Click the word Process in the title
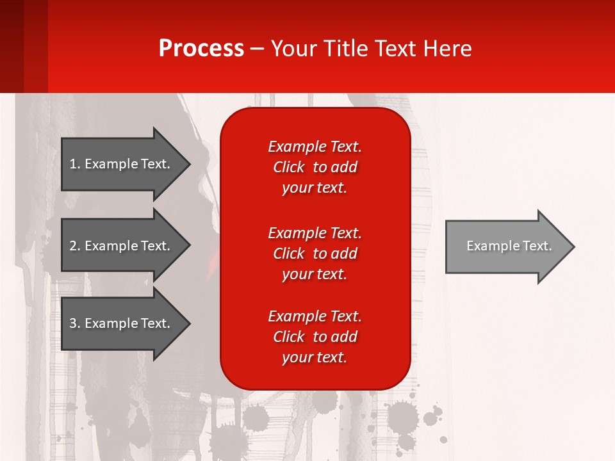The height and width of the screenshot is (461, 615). (201, 49)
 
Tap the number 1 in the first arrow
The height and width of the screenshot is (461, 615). (73, 164)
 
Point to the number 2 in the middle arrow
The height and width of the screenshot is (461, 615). (73, 246)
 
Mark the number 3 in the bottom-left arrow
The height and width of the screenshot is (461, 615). (73, 323)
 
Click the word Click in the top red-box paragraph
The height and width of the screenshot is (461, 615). (288, 167)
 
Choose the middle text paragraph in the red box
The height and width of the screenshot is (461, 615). (315, 254)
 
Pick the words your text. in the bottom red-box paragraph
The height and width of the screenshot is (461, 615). (315, 357)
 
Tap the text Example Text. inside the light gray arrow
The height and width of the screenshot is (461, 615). (509, 246)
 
